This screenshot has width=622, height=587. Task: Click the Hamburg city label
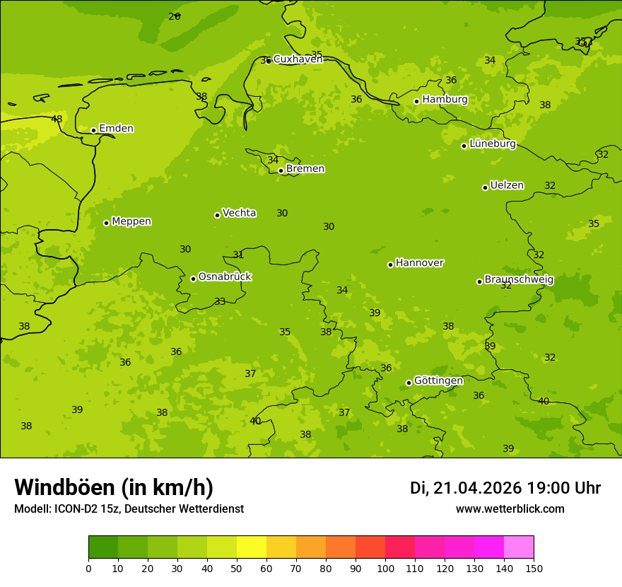tap(445, 100)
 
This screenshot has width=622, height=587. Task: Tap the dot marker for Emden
tap(93, 130)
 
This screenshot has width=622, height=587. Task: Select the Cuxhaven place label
tap(298, 59)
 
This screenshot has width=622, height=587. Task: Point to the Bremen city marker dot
tap(281, 170)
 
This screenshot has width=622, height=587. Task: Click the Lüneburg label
tap(493, 144)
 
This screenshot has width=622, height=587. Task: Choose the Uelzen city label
tap(507, 185)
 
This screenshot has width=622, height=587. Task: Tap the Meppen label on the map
tap(131, 221)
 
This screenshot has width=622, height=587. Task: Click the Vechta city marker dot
tap(217, 215)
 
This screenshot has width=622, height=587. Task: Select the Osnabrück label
tap(225, 277)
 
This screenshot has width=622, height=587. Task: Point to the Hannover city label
tap(419, 263)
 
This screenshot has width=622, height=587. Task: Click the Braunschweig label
tap(519, 279)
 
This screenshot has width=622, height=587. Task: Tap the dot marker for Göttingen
tap(409, 383)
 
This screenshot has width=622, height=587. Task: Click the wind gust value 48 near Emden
tap(57, 119)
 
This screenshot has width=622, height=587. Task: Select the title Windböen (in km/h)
tap(114, 487)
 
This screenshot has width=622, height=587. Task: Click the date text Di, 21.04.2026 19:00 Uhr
tap(505, 488)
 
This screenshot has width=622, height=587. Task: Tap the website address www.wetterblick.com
tap(510, 508)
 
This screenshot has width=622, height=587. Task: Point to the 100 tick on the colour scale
tap(385, 568)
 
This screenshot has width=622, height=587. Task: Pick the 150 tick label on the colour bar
tap(534, 568)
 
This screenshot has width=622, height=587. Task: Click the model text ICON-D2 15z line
tap(129, 508)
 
